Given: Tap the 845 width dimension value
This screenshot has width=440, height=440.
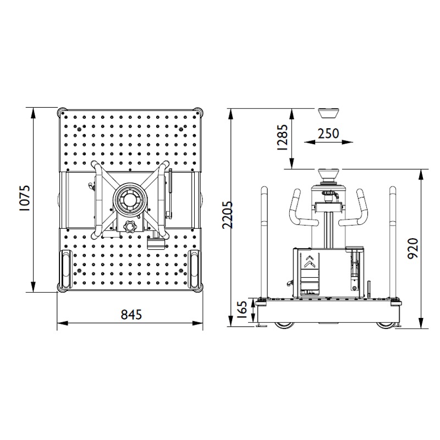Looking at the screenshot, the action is click(x=131, y=315).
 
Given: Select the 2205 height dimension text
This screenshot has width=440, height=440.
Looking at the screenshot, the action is click(x=227, y=215).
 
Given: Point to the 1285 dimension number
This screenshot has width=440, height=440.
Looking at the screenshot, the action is click(x=282, y=137).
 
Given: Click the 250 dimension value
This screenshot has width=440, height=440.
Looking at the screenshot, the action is click(x=328, y=134).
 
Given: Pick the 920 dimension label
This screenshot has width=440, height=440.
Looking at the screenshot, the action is click(x=413, y=249).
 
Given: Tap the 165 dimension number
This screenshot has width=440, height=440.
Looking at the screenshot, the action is click(x=242, y=309).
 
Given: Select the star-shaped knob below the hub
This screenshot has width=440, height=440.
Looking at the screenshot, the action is click(x=130, y=226).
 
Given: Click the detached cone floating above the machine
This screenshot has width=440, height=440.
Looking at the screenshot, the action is click(x=328, y=113).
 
